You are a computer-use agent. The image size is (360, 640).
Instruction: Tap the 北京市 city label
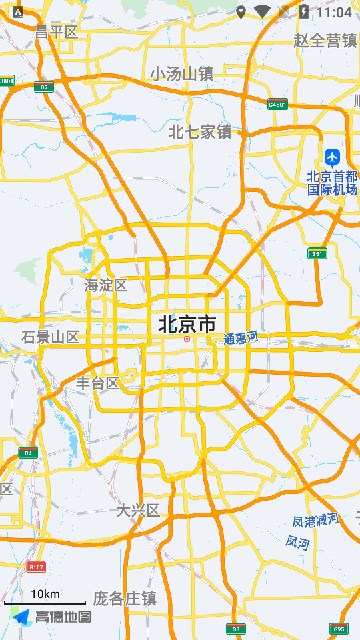tap(187, 325)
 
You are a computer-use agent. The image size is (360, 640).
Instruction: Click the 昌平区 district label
tap(57, 32)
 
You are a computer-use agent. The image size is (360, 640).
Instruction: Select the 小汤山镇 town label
tap(181, 73)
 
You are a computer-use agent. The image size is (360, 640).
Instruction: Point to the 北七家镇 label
tap(199, 132)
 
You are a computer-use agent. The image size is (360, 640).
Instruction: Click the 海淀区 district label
tap(106, 285)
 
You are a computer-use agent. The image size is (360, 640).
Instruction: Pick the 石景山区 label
tap(50, 337)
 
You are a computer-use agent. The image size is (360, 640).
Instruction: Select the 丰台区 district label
tap(97, 383)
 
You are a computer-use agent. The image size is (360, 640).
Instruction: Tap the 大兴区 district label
tap(139, 511)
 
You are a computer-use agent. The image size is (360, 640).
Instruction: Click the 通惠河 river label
tap(241, 339)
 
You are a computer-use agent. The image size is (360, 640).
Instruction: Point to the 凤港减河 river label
tap(316, 520)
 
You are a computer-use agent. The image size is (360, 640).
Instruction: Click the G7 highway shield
tap(44, 87)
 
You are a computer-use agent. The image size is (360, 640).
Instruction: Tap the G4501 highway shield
tap(277, 104)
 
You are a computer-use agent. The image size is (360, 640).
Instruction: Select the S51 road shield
tap(317, 253)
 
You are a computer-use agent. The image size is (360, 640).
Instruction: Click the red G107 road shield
tap(36, 567)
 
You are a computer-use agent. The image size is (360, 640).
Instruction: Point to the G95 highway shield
tap(339, 629)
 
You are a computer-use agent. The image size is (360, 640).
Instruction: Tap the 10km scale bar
tap(45, 597)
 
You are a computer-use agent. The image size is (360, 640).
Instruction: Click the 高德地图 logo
tap(52, 617)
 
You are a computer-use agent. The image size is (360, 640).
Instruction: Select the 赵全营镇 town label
tap(325, 40)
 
